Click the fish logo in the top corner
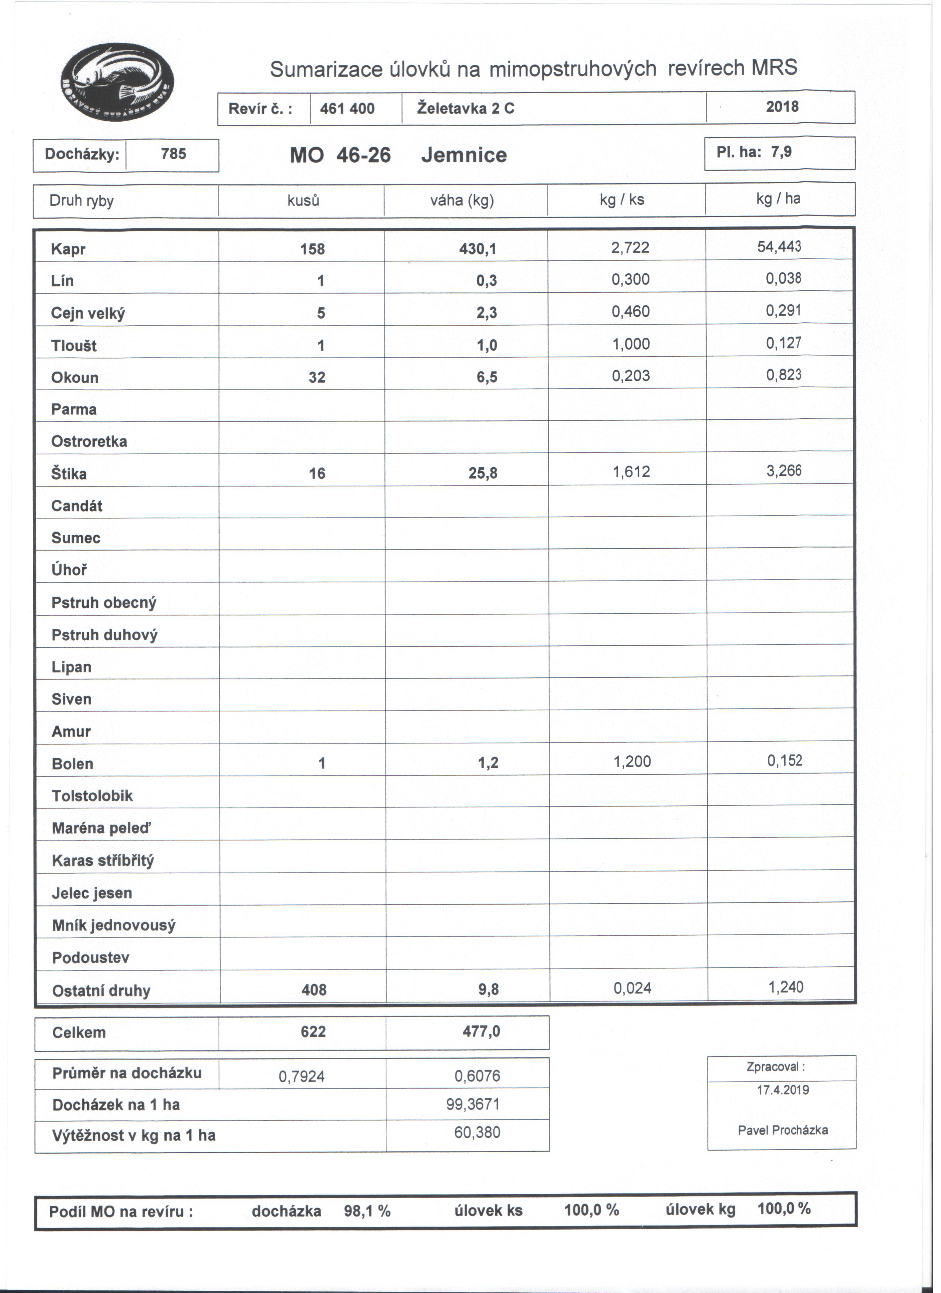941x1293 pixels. click(117, 82)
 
